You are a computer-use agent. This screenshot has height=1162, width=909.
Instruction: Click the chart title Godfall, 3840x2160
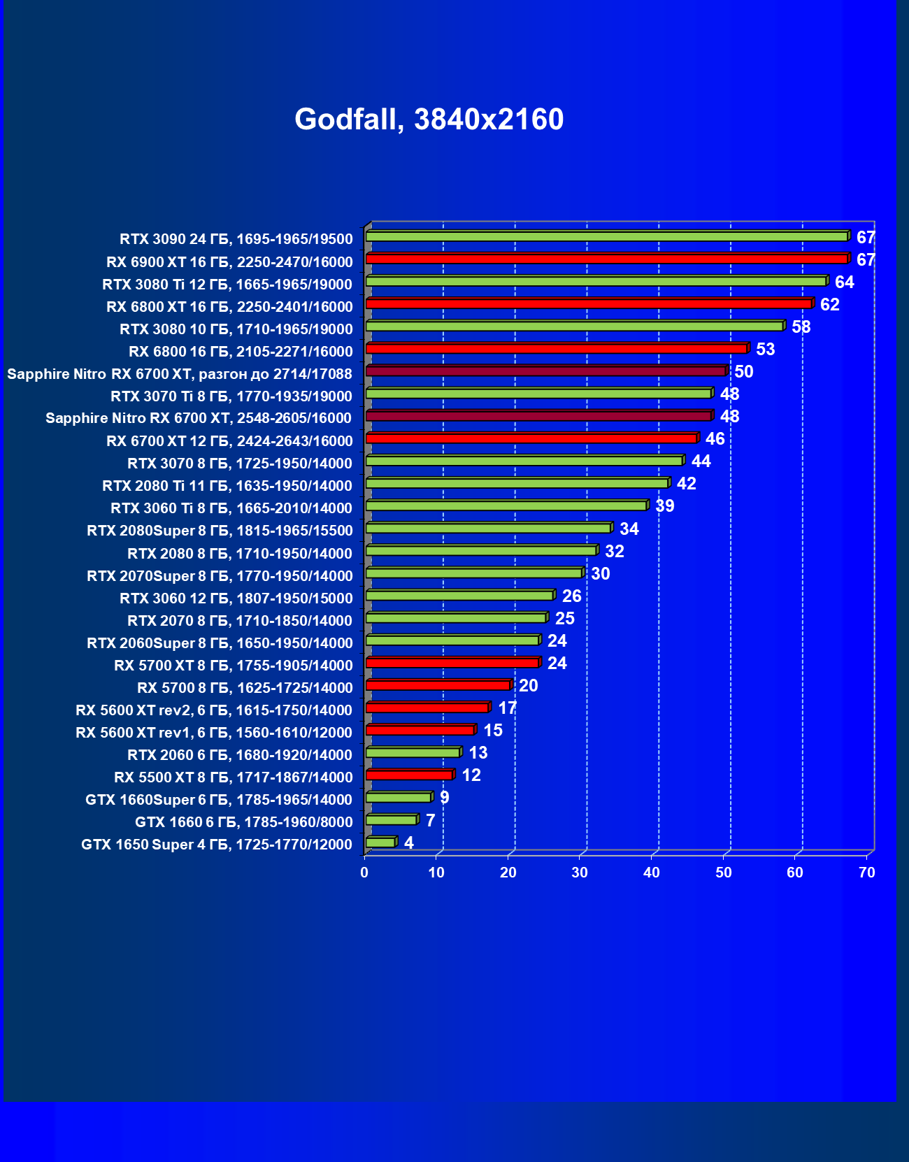coord(429,120)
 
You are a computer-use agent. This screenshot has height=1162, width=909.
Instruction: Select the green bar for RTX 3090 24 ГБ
coord(606,237)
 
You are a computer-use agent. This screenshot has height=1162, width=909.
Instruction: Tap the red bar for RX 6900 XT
coord(606,259)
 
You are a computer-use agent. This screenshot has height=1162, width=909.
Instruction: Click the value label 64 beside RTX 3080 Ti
coord(844,282)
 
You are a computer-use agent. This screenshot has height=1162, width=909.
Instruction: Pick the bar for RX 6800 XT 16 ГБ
coord(588,304)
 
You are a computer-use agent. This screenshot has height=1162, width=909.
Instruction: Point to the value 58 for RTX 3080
coord(801,327)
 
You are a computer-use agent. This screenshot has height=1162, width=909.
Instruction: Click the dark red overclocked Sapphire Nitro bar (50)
coord(545,371)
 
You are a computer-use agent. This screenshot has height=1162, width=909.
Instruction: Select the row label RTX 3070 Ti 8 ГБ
coord(231,396)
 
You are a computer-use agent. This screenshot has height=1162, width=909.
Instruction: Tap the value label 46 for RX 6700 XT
coord(715,438)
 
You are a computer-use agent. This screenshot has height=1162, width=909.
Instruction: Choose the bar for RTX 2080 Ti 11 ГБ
coord(517,483)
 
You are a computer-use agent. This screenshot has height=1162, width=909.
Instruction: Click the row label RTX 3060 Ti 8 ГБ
coord(231,508)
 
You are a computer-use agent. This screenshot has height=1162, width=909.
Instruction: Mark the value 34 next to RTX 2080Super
coord(629,529)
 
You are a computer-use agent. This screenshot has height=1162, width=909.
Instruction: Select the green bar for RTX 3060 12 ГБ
coord(459,596)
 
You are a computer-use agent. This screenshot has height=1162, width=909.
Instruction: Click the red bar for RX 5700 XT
coord(452,663)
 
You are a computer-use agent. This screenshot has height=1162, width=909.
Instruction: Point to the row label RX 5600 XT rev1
coord(213,733)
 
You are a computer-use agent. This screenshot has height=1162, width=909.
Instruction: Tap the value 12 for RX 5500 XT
coord(471,775)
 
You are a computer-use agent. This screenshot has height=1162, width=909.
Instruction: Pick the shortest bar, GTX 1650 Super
coord(380,842)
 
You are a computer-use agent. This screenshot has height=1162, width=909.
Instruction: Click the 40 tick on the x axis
coord(652,873)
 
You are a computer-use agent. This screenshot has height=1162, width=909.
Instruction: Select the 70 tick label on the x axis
coord(867,873)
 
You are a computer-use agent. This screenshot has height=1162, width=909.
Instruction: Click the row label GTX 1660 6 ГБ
coord(243,822)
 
